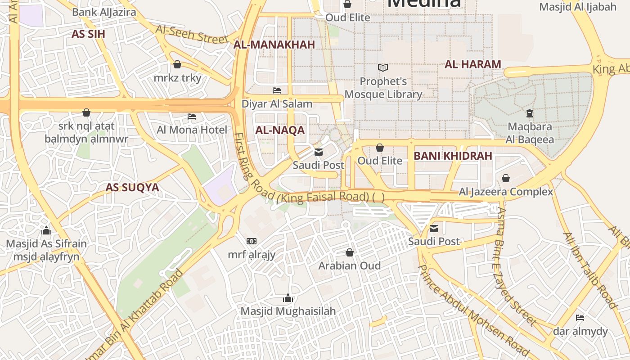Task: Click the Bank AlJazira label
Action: [x=104, y=12]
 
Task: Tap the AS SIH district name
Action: [x=88, y=34]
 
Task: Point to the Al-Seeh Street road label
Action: [x=192, y=34]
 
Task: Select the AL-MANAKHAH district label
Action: [x=274, y=45]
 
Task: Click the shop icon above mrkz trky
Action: [x=177, y=64]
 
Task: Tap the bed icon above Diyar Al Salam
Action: [x=277, y=90]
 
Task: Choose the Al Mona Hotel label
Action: [x=192, y=130]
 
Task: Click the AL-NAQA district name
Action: [x=280, y=130]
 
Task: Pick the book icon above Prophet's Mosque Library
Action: [x=383, y=68]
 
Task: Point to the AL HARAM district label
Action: [x=473, y=64]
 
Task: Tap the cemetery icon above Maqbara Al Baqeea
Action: [x=529, y=113]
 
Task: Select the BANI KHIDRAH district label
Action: [x=453, y=156]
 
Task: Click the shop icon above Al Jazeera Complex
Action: [x=506, y=178]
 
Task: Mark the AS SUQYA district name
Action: [x=132, y=188]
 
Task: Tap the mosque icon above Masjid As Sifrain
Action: [x=46, y=231]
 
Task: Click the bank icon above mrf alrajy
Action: [x=252, y=242]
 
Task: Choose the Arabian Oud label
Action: [x=349, y=265]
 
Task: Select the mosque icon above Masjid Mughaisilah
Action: [x=288, y=298]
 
